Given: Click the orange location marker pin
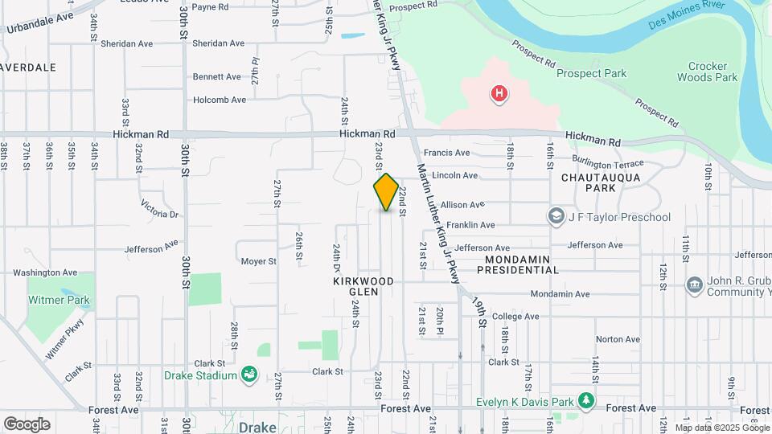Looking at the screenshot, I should tap(386, 192).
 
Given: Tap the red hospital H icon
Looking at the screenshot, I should tap(499, 95).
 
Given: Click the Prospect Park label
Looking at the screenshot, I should tap(592, 74).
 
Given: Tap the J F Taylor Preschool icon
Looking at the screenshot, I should tap(556, 217).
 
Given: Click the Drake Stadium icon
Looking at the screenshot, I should tap(249, 375).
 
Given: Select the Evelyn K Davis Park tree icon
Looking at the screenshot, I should tap(587, 400).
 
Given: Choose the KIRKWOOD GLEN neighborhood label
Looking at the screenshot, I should tap(364, 287).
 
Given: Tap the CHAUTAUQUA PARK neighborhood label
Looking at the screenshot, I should tap(589, 182).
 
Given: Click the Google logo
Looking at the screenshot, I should tap(27, 424).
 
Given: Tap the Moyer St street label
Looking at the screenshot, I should tap(258, 261).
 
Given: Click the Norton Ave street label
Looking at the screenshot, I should tap(611, 338).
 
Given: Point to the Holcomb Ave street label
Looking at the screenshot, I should tap(219, 100).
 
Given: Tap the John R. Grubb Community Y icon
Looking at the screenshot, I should tap(694, 285).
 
